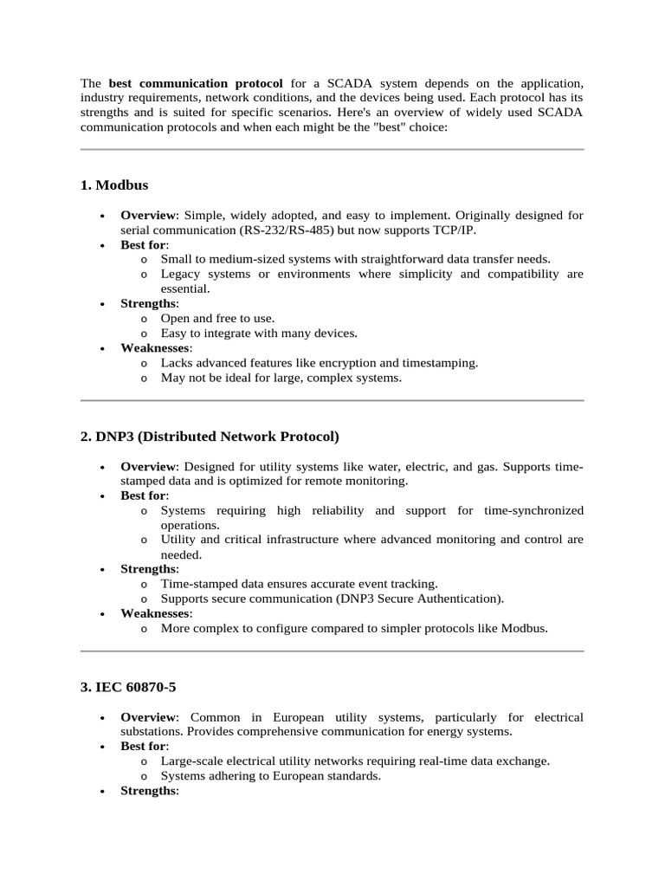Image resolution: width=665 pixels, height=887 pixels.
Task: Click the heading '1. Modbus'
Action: point(114,185)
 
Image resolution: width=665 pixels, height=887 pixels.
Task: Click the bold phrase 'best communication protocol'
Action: point(196,84)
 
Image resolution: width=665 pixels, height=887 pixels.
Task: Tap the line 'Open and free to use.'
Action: point(217,318)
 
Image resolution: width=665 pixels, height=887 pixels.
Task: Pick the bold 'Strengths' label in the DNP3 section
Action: point(149,569)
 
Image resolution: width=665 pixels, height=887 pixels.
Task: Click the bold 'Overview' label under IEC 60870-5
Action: point(148,717)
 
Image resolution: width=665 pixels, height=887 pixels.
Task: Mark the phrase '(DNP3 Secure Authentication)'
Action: point(429,599)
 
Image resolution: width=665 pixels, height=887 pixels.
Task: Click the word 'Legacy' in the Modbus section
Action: point(180,274)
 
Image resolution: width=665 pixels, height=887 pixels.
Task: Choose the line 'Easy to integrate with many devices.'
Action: point(259,333)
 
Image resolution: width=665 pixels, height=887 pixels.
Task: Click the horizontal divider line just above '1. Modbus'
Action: point(332,150)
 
